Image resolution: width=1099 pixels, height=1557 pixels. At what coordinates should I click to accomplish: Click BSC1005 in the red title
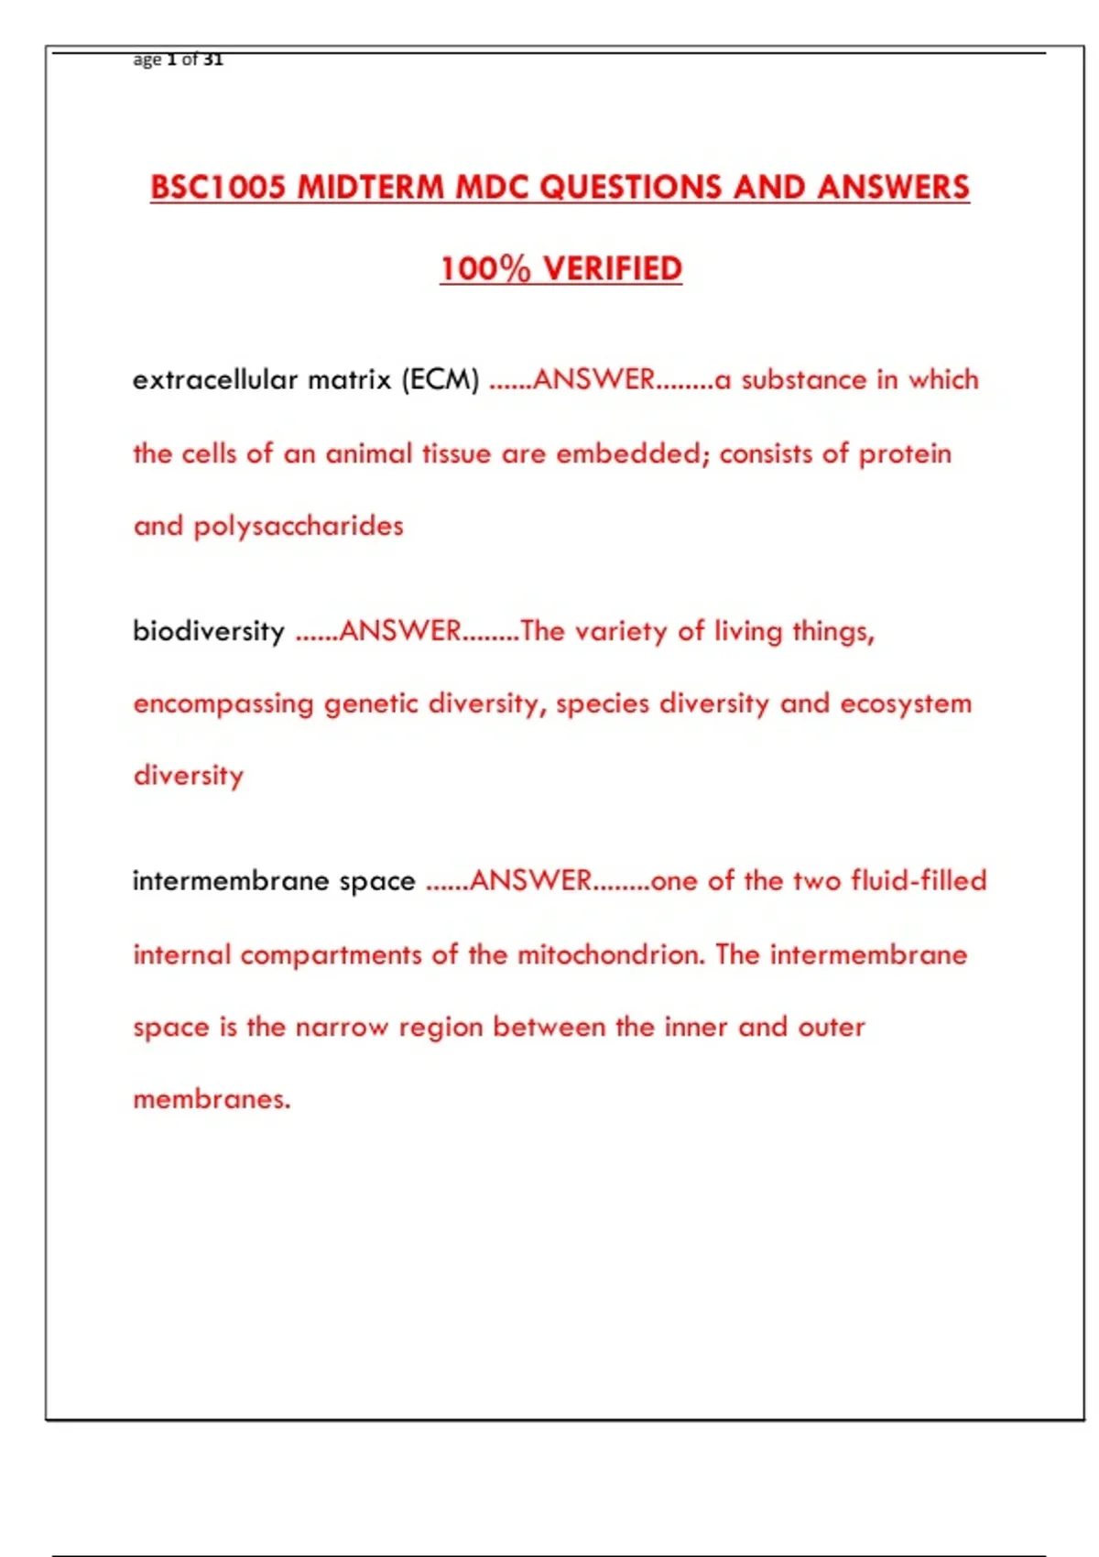220,188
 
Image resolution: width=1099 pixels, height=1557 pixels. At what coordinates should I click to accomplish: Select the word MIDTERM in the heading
371,188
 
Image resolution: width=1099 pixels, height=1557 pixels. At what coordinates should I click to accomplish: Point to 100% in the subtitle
485,269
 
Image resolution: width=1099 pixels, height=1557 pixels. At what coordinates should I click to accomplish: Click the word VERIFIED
613,269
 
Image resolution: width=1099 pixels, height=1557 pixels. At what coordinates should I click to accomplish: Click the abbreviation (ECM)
441,379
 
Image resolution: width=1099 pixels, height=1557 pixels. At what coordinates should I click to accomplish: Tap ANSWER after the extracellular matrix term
593,379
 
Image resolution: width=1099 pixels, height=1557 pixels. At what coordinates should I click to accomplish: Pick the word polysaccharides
299,527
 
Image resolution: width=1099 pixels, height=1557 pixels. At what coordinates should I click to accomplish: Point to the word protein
905,453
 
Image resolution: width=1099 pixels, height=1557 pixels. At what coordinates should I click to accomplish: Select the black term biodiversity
209,631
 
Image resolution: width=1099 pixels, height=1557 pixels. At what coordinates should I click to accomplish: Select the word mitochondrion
611,955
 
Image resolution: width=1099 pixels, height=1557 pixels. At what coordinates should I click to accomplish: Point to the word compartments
331,955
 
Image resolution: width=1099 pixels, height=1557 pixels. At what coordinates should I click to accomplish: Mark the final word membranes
212,1099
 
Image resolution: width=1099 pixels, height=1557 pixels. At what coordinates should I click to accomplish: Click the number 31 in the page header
213,60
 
